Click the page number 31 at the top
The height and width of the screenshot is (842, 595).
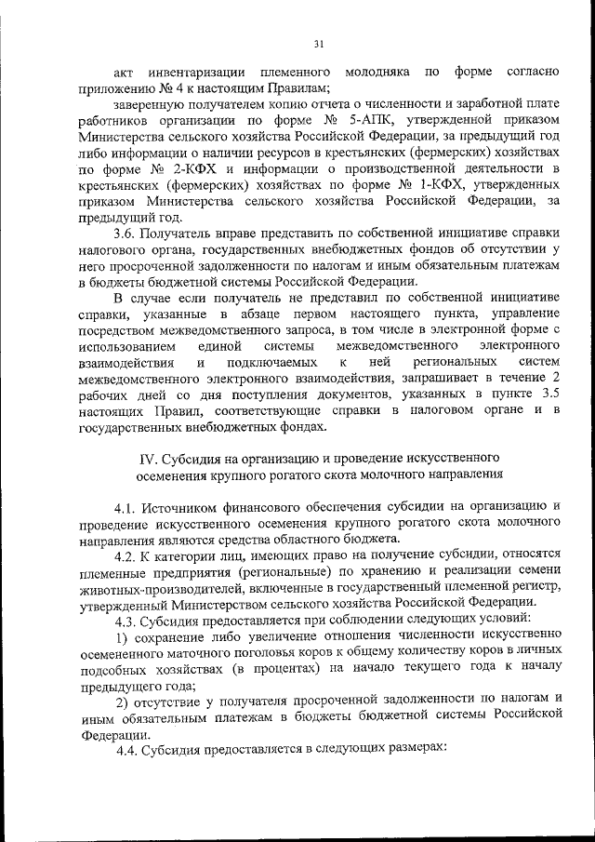pyautogui.click(x=318, y=44)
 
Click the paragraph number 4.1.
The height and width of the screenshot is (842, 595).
pyautogui.click(x=128, y=506)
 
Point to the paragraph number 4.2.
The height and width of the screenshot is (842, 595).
pyautogui.click(x=128, y=555)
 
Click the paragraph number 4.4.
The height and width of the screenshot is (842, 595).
pyautogui.click(x=128, y=753)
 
